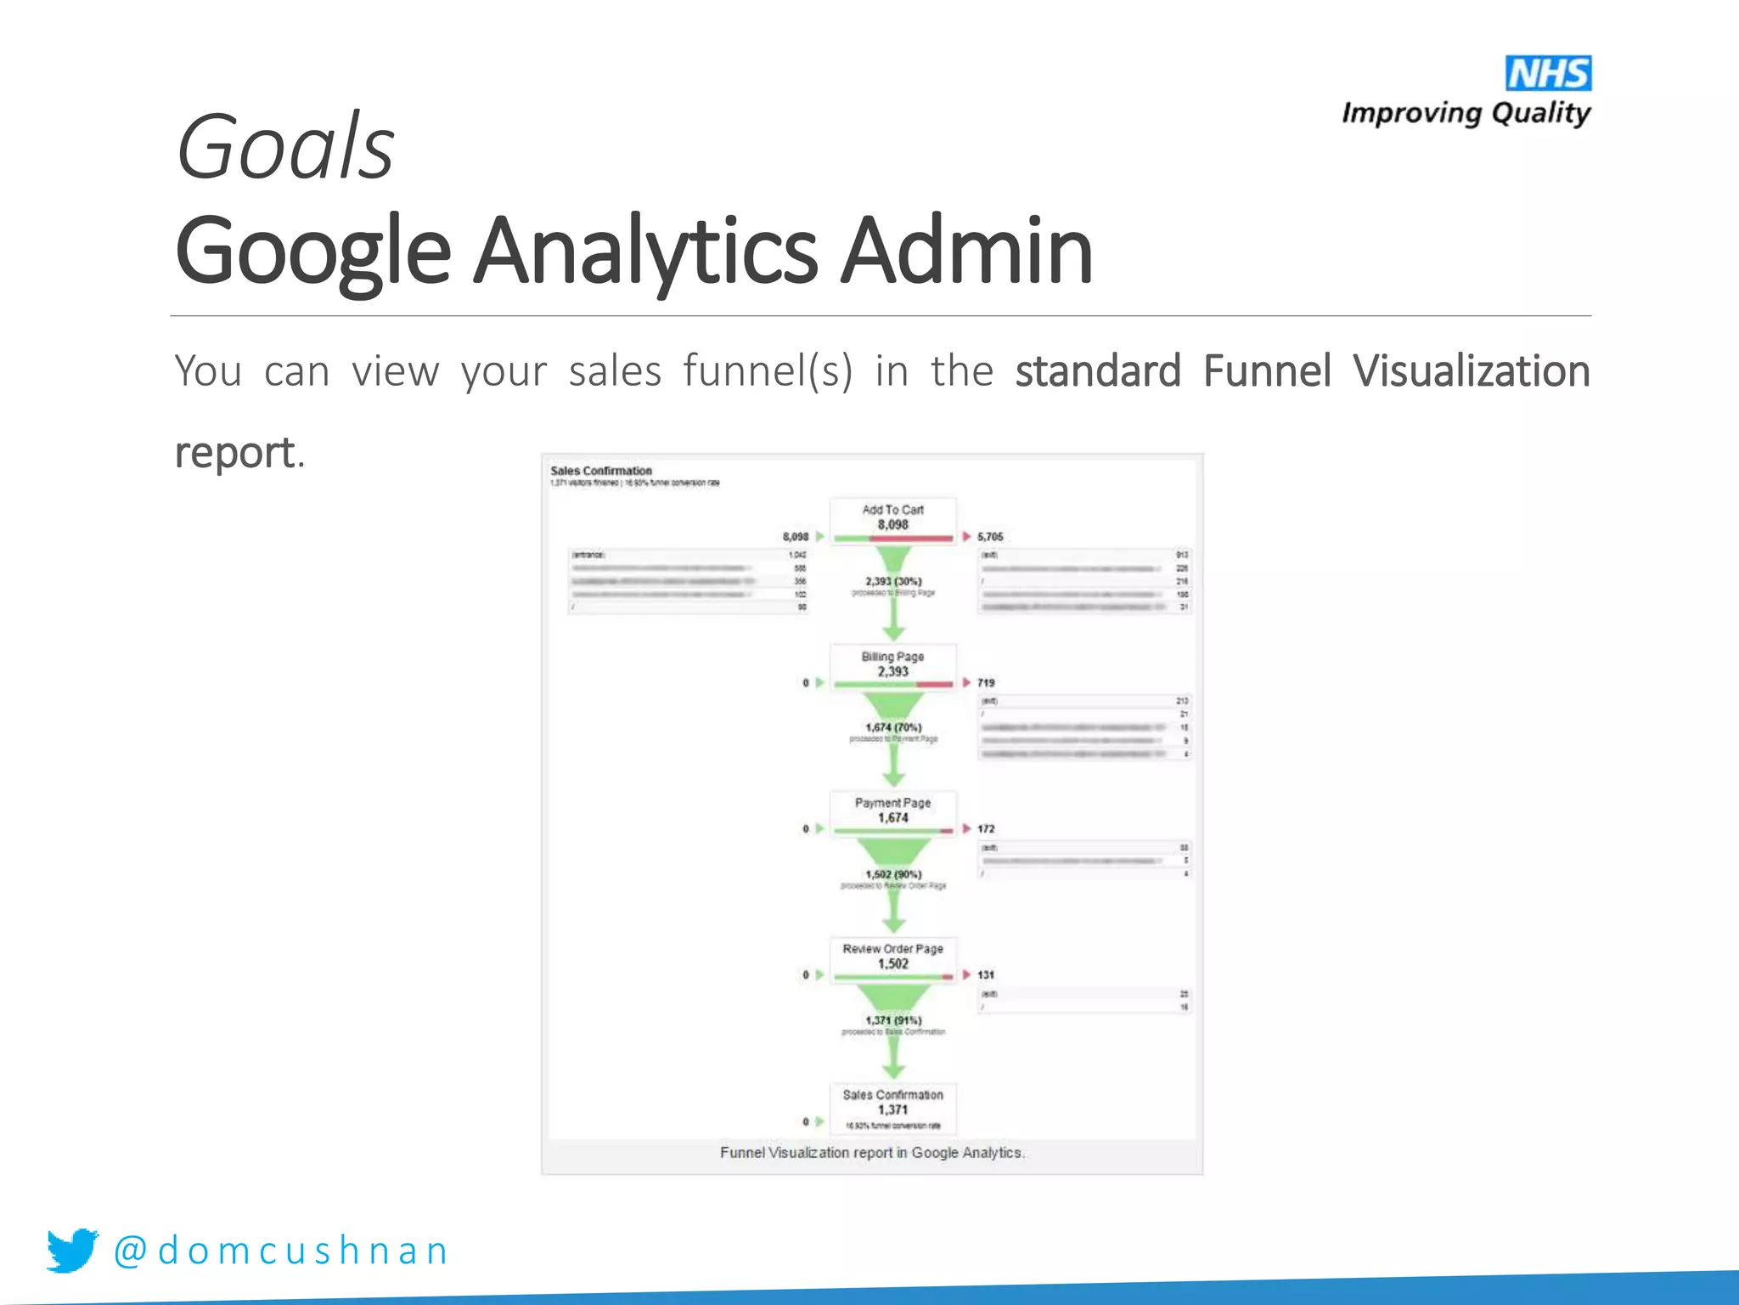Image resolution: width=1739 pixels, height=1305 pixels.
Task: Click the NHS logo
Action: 1548,73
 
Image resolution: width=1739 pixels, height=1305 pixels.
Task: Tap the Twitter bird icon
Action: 72,1250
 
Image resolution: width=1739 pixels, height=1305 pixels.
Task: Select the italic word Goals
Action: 284,147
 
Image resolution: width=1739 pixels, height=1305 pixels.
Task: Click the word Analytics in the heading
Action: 645,251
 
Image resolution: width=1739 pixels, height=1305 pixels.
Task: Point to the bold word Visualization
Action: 1471,371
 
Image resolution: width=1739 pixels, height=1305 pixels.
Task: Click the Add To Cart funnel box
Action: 892,518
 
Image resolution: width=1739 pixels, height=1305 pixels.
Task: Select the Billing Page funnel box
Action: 892,665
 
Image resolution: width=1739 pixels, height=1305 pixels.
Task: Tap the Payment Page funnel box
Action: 892,811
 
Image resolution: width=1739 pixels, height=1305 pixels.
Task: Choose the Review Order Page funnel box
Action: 892,958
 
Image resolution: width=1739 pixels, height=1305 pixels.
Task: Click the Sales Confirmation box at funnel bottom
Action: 892,1104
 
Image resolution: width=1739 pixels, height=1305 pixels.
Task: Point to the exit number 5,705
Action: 990,537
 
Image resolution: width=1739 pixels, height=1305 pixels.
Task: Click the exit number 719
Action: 986,683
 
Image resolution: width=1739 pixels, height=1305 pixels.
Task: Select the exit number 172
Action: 986,829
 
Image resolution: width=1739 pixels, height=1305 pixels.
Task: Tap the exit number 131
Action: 986,975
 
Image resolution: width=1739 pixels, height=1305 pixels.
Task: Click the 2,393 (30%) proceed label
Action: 893,582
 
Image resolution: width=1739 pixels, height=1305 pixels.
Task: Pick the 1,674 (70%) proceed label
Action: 893,728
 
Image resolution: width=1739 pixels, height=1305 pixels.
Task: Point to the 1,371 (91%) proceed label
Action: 893,1020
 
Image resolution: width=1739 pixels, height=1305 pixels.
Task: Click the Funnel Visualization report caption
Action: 872,1153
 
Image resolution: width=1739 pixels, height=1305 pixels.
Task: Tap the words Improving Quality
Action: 1466,113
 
